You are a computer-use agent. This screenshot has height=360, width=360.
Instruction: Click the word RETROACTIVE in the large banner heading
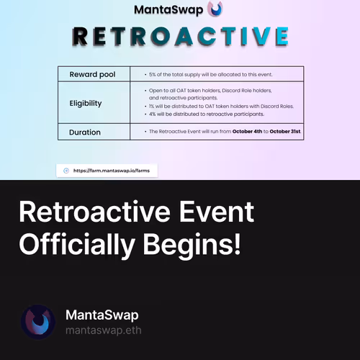(x=180, y=37)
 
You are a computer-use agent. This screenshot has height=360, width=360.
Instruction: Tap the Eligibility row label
(x=86, y=103)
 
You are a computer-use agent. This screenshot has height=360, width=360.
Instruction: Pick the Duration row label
(x=85, y=132)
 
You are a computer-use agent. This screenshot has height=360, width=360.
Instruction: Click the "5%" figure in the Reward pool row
(x=152, y=75)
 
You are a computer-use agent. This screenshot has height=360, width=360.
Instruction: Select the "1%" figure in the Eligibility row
(x=152, y=106)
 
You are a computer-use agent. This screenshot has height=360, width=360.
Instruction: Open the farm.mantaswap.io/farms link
(x=112, y=171)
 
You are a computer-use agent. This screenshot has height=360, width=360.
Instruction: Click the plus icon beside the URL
(x=66, y=171)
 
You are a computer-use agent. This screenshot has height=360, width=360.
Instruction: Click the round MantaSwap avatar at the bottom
(x=38, y=322)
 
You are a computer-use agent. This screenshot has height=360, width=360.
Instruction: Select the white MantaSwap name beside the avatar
(x=102, y=315)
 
